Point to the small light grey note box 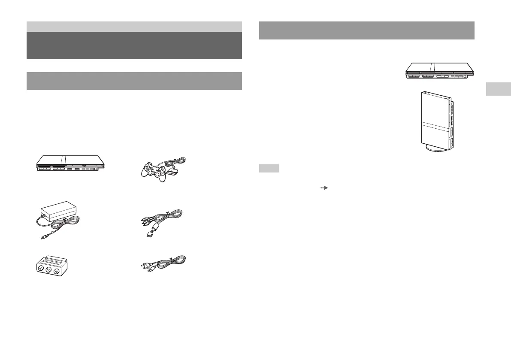pyautogui.click(x=269, y=169)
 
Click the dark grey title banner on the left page pyautogui.click(x=134, y=45)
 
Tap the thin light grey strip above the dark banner pyautogui.click(x=134, y=26)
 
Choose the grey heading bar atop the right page pyautogui.click(x=367, y=30)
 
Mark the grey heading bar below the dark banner pyautogui.click(x=134, y=81)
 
